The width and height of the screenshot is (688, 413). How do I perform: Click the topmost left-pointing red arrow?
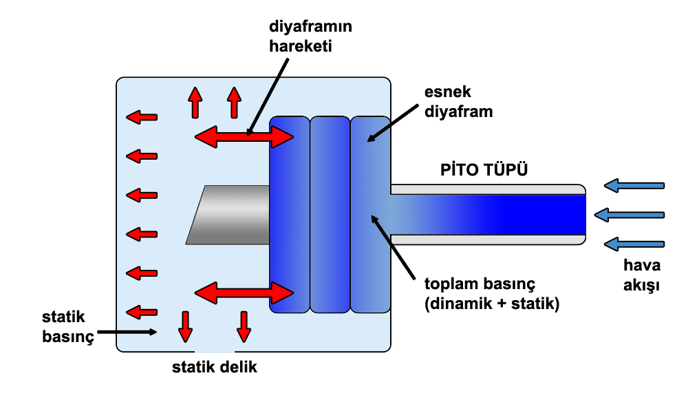142,118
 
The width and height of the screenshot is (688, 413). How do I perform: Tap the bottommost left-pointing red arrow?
142,312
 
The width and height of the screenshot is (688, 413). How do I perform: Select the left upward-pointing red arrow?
195,103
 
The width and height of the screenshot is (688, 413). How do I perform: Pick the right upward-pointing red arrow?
234,103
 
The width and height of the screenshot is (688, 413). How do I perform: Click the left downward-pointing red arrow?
185,326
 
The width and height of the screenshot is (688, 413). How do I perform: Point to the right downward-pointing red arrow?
244,326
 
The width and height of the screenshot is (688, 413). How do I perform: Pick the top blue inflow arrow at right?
633,185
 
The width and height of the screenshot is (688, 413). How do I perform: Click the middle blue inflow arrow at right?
628,215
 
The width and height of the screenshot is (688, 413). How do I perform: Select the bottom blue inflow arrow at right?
633,244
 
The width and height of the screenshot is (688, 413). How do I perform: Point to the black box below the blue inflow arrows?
641,276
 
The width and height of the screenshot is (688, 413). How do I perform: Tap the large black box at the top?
310,36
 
